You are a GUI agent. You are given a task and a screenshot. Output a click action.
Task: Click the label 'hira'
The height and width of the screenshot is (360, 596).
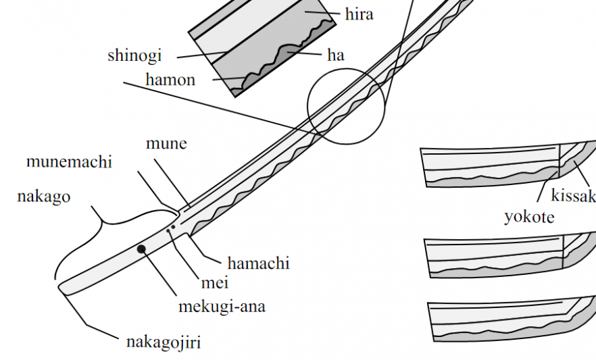point(359,14)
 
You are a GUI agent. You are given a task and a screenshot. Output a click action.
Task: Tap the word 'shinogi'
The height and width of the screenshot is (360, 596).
point(134,55)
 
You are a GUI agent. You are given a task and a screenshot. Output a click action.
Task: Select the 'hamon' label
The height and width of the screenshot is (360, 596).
point(170,80)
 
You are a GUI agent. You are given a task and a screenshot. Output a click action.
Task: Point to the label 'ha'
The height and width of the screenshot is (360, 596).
point(336,55)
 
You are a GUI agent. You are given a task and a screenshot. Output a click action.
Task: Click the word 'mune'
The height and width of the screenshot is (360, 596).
point(166,143)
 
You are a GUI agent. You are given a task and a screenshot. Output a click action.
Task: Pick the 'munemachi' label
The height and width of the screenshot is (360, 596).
point(69,161)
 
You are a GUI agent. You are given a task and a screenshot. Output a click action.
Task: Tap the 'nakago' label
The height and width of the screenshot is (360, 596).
point(43,197)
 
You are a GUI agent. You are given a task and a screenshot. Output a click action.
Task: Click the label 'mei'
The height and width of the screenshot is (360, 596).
point(215,283)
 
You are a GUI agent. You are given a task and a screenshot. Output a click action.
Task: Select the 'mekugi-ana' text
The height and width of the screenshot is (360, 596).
point(222,307)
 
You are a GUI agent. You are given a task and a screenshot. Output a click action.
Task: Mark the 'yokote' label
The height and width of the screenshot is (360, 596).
point(529,217)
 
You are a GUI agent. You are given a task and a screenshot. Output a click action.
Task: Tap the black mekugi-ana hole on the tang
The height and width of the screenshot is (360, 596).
point(141,249)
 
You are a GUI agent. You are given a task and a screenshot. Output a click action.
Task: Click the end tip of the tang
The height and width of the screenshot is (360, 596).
point(61,288)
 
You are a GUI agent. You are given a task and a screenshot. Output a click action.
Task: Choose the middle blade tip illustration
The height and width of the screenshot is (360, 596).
point(503,257)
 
